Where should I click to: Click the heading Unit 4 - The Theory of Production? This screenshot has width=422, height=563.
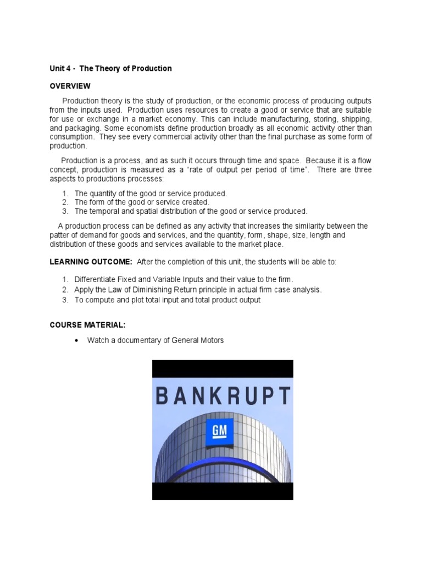(110, 69)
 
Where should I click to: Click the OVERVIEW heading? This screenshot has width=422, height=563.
(70, 86)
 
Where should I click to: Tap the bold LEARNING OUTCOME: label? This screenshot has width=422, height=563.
(91, 262)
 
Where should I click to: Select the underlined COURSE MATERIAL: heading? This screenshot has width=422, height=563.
(91, 325)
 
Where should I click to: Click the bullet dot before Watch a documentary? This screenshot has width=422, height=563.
(76, 341)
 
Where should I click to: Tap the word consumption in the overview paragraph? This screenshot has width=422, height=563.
(70, 137)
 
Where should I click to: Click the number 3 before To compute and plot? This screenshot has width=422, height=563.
(64, 300)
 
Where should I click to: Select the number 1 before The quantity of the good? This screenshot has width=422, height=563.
(64, 194)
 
